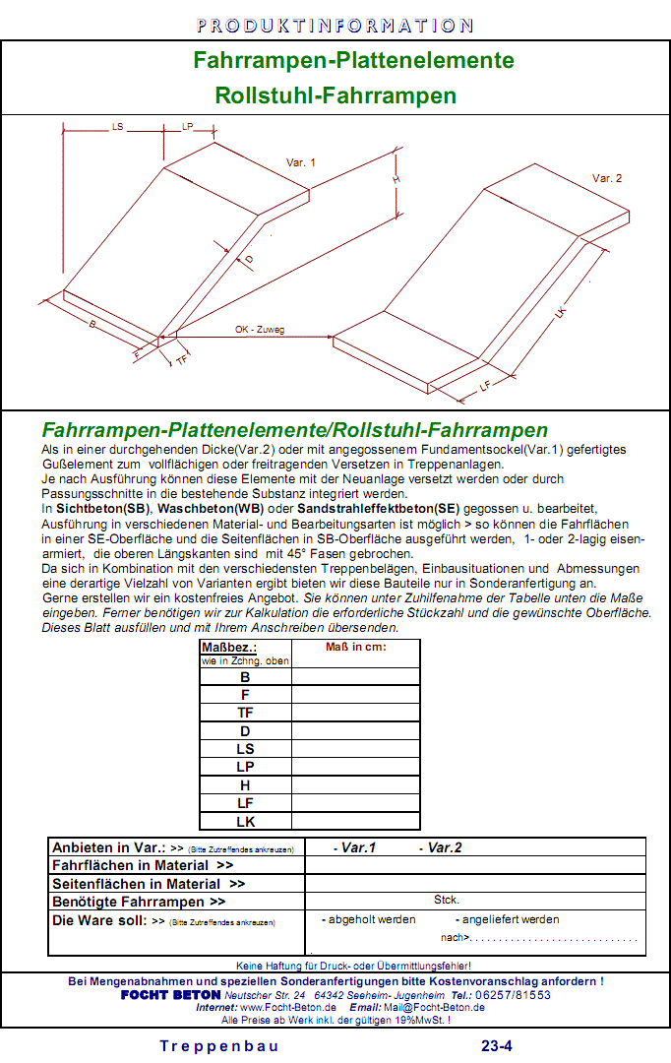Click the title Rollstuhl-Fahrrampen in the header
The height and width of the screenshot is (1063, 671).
tap(335, 95)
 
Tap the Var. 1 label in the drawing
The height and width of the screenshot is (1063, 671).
tap(301, 162)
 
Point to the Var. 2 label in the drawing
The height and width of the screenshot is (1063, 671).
tap(607, 178)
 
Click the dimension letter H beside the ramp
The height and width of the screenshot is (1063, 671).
tap(396, 180)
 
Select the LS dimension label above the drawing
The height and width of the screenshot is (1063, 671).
tap(118, 127)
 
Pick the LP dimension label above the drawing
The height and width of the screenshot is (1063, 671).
tap(187, 127)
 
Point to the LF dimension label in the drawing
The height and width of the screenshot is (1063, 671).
tap(484, 387)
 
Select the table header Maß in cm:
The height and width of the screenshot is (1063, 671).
tap(355, 647)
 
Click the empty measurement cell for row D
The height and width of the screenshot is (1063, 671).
tap(355, 731)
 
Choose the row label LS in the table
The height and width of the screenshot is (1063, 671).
tap(245, 749)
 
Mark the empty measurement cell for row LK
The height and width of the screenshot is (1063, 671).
tap(355, 821)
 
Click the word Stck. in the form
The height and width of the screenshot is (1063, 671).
tap(447, 900)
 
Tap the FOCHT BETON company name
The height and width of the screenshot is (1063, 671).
tap(171, 994)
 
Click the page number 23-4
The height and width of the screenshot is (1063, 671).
tap(496, 1046)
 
